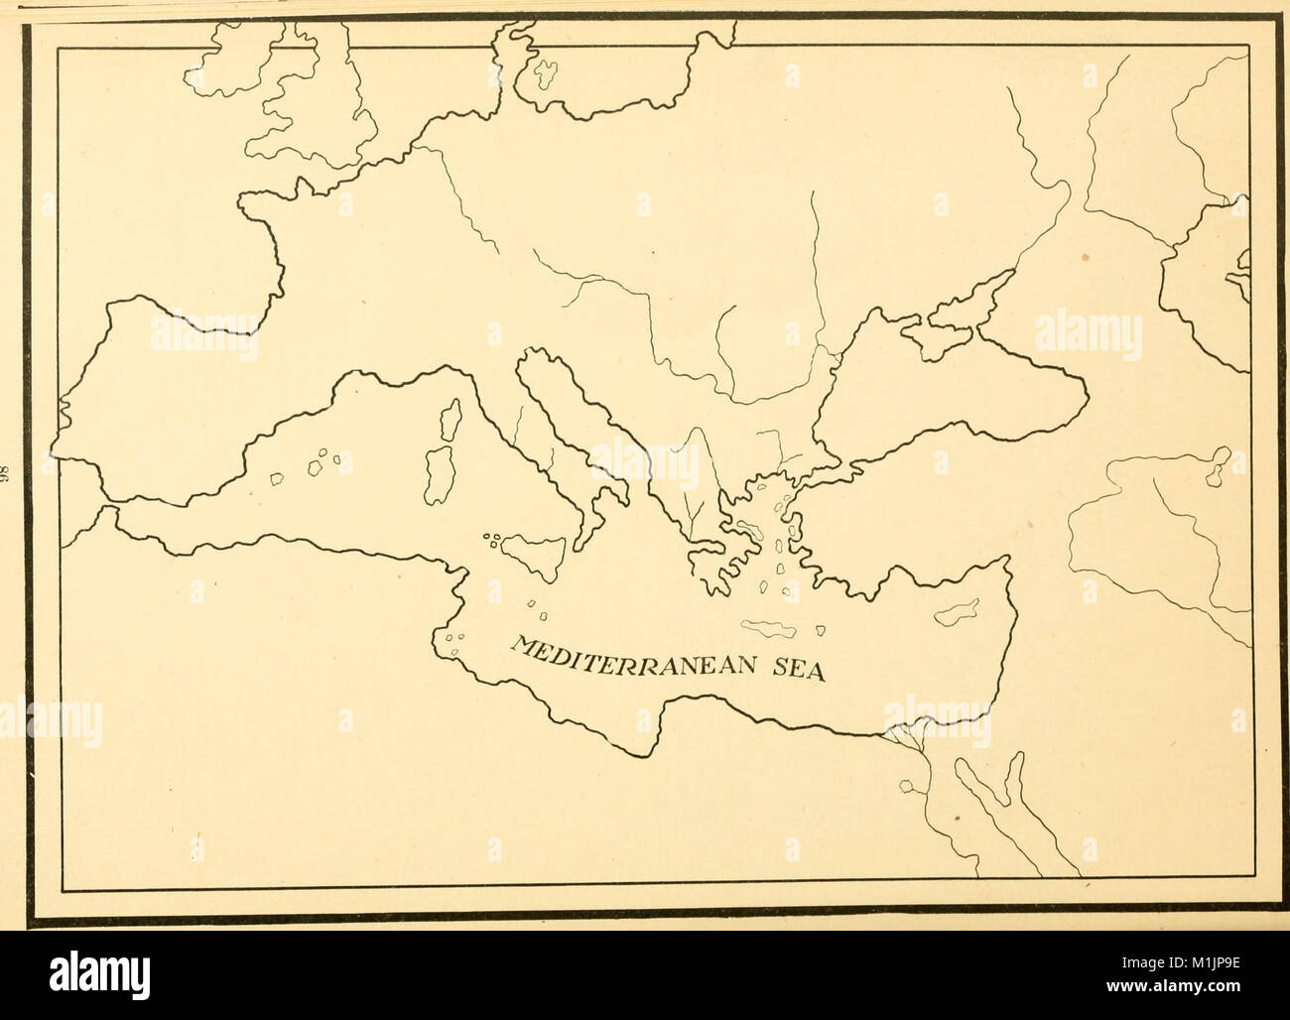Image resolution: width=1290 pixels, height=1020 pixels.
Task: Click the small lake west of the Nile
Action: [x=907, y=787]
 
